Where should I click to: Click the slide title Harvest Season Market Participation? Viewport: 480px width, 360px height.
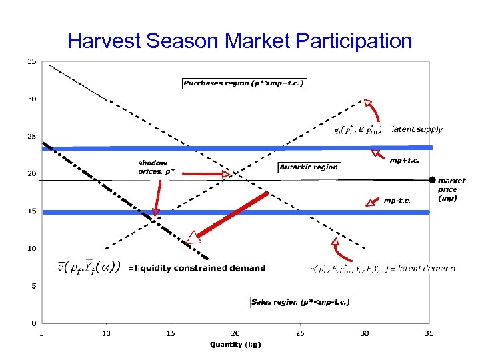[x=240, y=41]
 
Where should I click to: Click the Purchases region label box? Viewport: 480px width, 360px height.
[x=244, y=83]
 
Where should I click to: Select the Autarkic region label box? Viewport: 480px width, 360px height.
[x=309, y=167]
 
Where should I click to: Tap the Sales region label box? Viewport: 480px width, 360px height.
[x=301, y=302]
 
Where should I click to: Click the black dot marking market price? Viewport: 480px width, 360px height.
[x=432, y=180]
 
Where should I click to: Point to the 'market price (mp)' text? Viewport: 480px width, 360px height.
[x=451, y=189]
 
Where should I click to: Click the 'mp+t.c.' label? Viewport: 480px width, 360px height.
[x=405, y=160]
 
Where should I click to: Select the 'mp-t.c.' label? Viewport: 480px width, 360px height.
[x=397, y=200]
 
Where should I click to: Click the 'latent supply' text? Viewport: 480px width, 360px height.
[x=417, y=129]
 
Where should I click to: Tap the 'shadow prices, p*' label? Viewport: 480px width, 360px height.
[x=153, y=167]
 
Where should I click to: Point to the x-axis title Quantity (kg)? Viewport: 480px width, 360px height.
[x=235, y=345]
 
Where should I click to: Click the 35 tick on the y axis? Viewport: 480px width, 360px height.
[x=31, y=62]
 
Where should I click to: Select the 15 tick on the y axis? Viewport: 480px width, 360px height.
[x=31, y=211]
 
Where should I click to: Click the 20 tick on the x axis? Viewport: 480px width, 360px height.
[x=235, y=333]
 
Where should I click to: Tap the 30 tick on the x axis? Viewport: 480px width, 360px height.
[x=364, y=333]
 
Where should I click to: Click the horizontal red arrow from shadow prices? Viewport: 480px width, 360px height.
[x=205, y=174]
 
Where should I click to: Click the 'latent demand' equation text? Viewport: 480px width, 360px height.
[x=383, y=269]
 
